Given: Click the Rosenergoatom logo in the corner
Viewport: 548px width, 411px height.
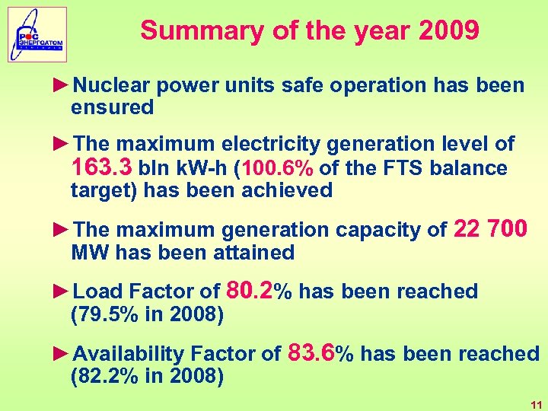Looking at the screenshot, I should coord(38,35).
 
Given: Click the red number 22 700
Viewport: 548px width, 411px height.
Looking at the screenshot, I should coord(490,228).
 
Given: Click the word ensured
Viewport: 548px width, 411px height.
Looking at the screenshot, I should coord(112,107).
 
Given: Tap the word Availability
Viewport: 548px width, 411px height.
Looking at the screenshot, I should coord(129,354).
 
